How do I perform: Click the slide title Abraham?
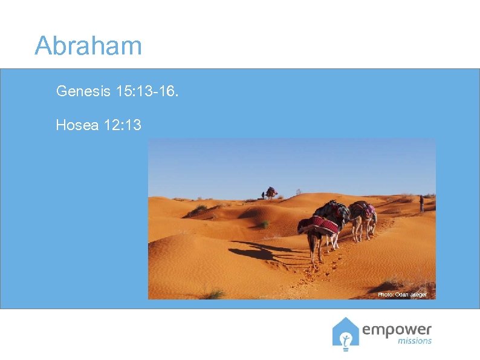pyautogui.click(x=88, y=46)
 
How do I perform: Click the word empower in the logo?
pyautogui.click(x=397, y=330)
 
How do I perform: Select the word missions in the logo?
pyautogui.click(x=415, y=341)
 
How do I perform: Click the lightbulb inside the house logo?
pyautogui.click(x=346, y=339)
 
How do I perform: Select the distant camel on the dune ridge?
pyautogui.click(x=271, y=192)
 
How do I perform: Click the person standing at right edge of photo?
pyautogui.click(x=421, y=203)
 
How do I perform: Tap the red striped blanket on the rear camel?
pyautogui.click(x=320, y=225)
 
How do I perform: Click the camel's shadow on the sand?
pyautogui.click(x=260, y=251)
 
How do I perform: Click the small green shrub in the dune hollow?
pyautogui.click(x=264, y=224)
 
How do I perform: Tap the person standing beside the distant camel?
pyautogui.click(x=262, y=195)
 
